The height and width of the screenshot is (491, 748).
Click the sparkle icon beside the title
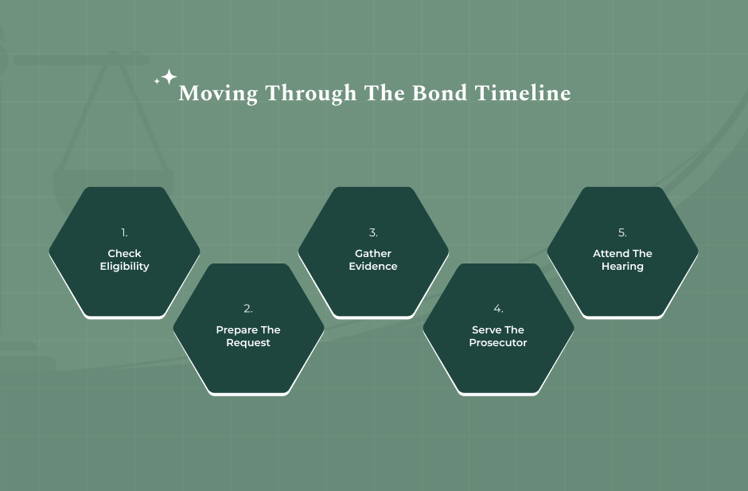(166, 78)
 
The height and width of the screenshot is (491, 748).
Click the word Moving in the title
(218, 94)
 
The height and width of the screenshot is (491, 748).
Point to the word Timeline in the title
(523, 93)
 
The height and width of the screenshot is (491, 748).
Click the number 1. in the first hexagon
(124, 232)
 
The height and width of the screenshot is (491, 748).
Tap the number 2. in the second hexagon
(248, 309)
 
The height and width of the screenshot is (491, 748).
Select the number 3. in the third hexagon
(373, 232)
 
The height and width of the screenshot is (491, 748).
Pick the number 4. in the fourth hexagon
(498, 309)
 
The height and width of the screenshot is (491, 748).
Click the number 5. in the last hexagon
(622, 232)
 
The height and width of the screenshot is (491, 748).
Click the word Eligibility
(124, 267)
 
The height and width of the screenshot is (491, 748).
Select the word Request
(248, 343)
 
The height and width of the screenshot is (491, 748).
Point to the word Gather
(373, 254)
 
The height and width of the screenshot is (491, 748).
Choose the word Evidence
(373, 267)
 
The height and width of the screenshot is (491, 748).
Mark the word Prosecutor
(498, 343)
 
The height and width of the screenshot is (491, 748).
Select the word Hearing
(622, 267)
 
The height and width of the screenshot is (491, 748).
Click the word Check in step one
(124, 254)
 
